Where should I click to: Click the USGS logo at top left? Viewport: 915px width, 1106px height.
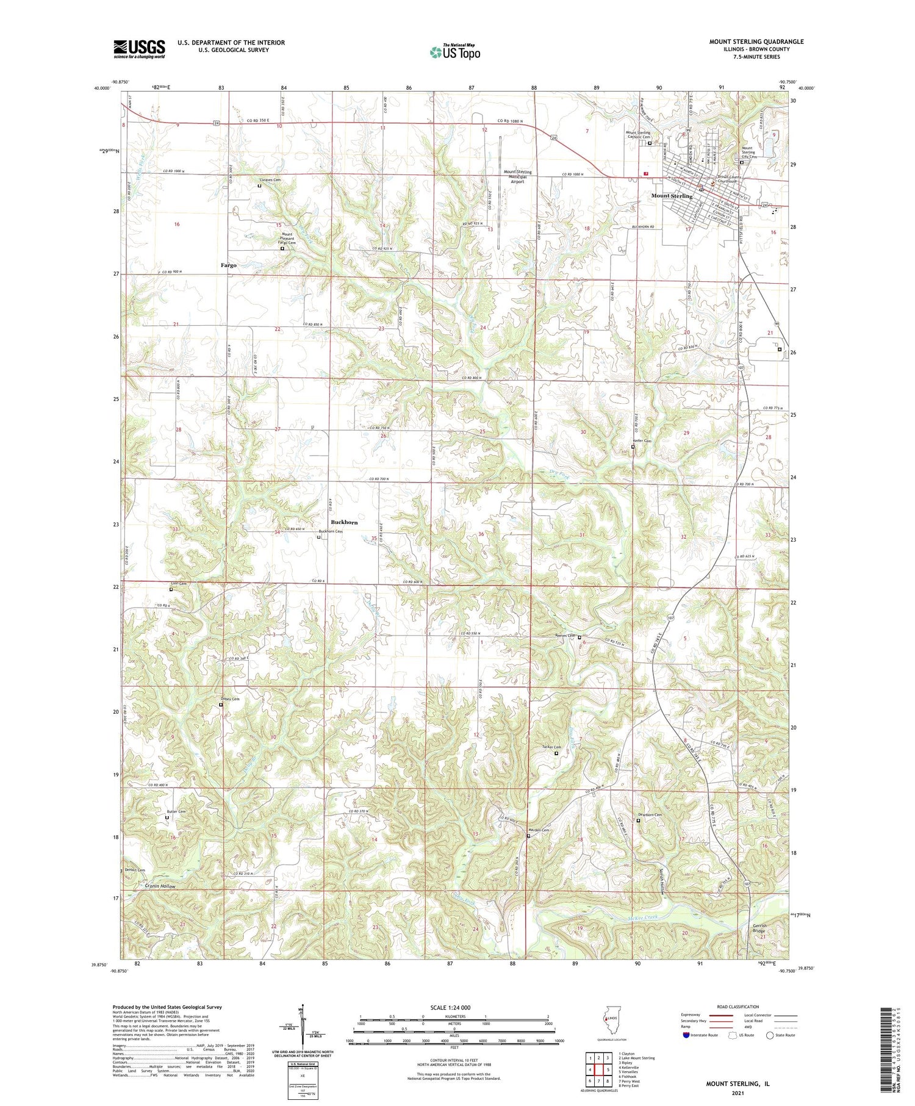139,49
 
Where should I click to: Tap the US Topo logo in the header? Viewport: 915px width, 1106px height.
454,52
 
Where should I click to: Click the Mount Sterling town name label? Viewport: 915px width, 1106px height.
672,196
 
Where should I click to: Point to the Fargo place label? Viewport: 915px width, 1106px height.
229,265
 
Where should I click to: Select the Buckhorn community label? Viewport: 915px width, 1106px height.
344,522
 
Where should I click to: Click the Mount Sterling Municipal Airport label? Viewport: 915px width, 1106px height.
517,176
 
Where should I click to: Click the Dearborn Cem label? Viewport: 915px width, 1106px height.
650,814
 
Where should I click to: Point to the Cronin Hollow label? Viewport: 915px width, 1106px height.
160,886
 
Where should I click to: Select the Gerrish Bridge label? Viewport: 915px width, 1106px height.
759,928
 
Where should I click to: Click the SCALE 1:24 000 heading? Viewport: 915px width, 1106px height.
450,1007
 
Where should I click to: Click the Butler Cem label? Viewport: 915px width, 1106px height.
176,811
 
